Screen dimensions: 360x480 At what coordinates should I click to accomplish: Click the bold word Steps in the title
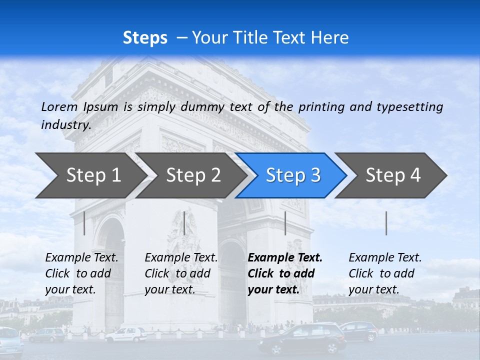(x=145, y=38)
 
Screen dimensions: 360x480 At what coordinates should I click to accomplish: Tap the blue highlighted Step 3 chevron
(x=293, y=175)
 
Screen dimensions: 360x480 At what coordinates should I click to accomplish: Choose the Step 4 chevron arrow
(x=393, y=175)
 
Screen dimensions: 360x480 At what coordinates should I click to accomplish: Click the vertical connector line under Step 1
(x=84, y=223)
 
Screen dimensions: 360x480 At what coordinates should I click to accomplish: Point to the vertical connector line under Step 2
(x=184, y=223)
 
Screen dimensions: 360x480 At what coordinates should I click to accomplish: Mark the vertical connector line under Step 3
(x=285, y=223)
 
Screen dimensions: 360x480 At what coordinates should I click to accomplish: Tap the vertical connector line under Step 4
(x=386, y=223)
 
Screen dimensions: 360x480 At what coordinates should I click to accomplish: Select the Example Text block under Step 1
(x=81, y=273)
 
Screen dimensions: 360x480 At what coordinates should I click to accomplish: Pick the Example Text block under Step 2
(x=181, y=273)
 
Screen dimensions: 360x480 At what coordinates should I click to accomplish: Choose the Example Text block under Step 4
(x=385, y=273)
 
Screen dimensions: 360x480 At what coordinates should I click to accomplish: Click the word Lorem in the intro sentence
(x=59, y=106)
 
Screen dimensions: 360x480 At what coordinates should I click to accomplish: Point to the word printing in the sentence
(x=322, y=106)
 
